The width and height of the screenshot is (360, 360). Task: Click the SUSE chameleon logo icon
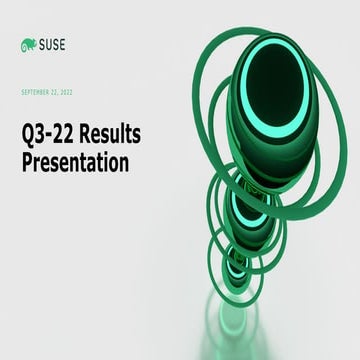(28, 44)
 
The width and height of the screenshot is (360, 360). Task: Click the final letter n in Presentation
(123, 163)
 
